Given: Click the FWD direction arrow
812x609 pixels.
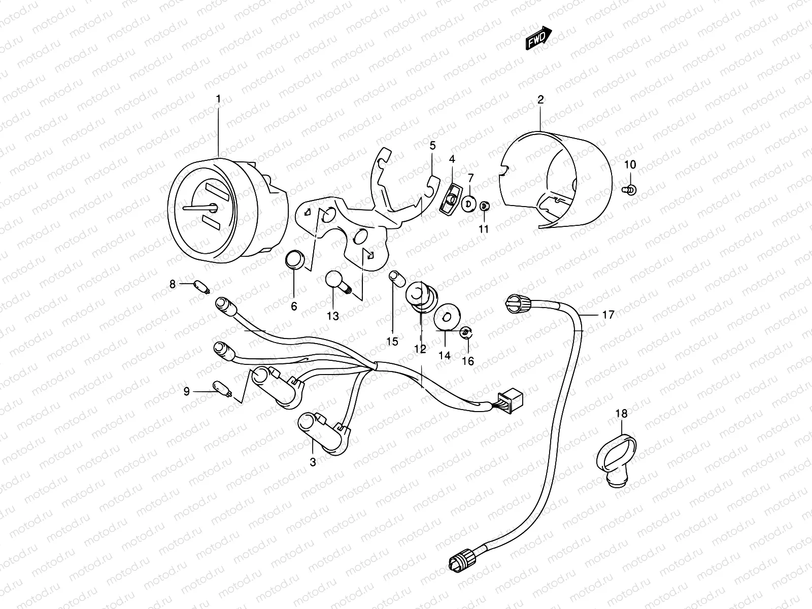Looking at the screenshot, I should click(538, 39).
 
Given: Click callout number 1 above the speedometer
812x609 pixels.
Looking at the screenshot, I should click(219, 99).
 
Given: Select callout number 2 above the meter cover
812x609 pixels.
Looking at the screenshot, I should click(540, 100).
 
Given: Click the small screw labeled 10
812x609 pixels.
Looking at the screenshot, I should click(629, 190).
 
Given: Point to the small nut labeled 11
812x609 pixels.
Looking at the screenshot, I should click(484, 206).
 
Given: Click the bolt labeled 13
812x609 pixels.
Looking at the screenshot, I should click(337, 282).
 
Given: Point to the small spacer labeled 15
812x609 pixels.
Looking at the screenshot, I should click(395, 278).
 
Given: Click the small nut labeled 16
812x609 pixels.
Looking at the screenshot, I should click(465, 333).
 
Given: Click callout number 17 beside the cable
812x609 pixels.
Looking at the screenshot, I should click(608, 315).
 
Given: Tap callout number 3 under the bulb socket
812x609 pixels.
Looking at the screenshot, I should click(313, 462).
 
